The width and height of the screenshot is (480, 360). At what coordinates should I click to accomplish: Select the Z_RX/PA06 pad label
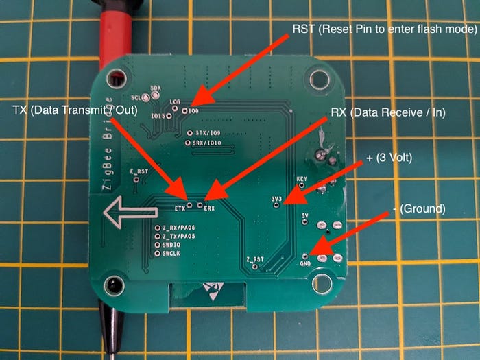point(179,228)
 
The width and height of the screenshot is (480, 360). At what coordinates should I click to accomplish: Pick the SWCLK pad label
point(171,253)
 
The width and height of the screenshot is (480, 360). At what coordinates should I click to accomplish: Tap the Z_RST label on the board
point(254,259)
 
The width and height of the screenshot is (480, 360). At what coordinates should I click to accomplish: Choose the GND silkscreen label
point(305,263)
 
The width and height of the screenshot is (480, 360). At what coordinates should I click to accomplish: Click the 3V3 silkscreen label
point(278,199)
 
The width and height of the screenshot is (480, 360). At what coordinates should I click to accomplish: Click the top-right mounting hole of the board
point(317,78)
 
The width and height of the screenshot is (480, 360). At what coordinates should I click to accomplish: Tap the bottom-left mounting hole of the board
point(115,283)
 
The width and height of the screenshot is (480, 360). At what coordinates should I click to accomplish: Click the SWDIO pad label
point(171,244)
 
